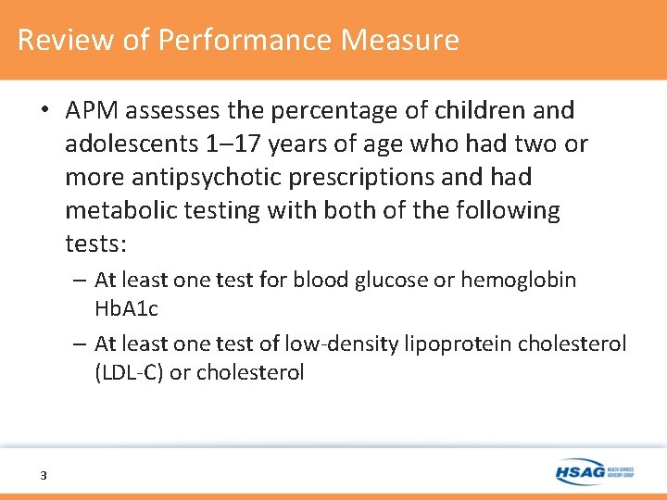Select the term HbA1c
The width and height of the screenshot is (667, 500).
point(120,307)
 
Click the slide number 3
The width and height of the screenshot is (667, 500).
point(43,475)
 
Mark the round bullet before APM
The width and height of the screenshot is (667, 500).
point(44,111)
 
